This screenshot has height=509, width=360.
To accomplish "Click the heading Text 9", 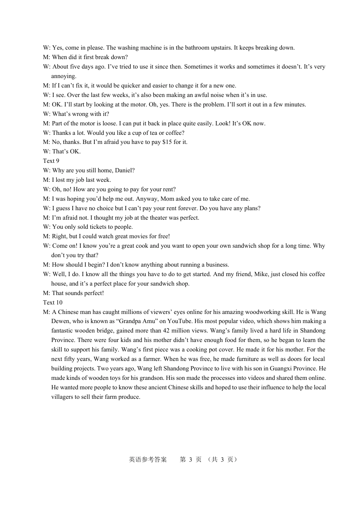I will [51, 161].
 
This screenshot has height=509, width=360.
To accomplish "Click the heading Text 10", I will [53, 303].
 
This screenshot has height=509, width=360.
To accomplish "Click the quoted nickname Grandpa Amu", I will [133, 321].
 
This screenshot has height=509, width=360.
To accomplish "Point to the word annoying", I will [64, 76].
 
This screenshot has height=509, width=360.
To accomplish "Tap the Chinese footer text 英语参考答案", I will [148, 459].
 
